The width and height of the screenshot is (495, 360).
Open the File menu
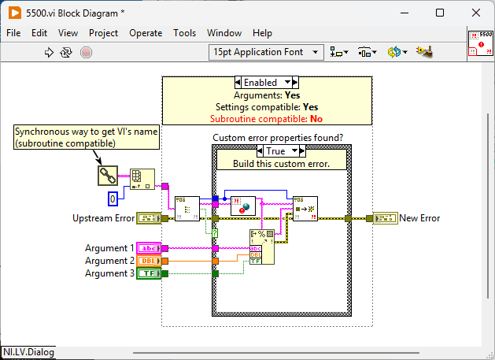pyautogui.click(x=13, y=33)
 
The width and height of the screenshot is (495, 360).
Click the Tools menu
pyautogui.click(x=184, y=33)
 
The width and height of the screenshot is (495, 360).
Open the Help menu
pyautogui.click(x=262, y=33)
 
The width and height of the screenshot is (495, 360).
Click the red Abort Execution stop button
pyautogui.click(x=86, y=52)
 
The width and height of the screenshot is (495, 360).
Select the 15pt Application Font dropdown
pyautogui.click(x=266, y=52)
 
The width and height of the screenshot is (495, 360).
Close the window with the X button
pyautogui.click(x=476, y=13)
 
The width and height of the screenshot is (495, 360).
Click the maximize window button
pyautogui.click(x=440, y=13)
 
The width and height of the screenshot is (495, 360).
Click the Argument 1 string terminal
pyautogui.click(x=149, y=248)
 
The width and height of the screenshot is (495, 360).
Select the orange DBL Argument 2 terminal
pyautogui.click(x=149, y=261)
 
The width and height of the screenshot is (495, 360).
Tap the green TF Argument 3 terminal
pyautogui.click(x=149, y=273)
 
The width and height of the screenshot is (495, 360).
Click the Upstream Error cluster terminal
pyautogui.click(x=149, y=218)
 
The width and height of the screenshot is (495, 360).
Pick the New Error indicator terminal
pyautogui.click(x=385, y=218)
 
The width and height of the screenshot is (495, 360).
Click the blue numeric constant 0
pyautogui.click(x=113, y=199)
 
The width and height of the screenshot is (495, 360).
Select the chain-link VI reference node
pyautogui.click(x=108, y=176)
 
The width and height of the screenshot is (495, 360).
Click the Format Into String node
pyautogui.click(x=262, y=247)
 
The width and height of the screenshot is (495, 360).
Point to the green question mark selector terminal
pyautogui.click(x=215, y=233)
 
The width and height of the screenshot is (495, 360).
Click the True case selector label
pyautogui.click(x=281, y=150)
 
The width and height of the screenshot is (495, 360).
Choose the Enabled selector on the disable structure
pyautogui.click(x=267, y=83)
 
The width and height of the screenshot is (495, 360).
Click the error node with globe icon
pyautogui.click(x=243, y=206)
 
